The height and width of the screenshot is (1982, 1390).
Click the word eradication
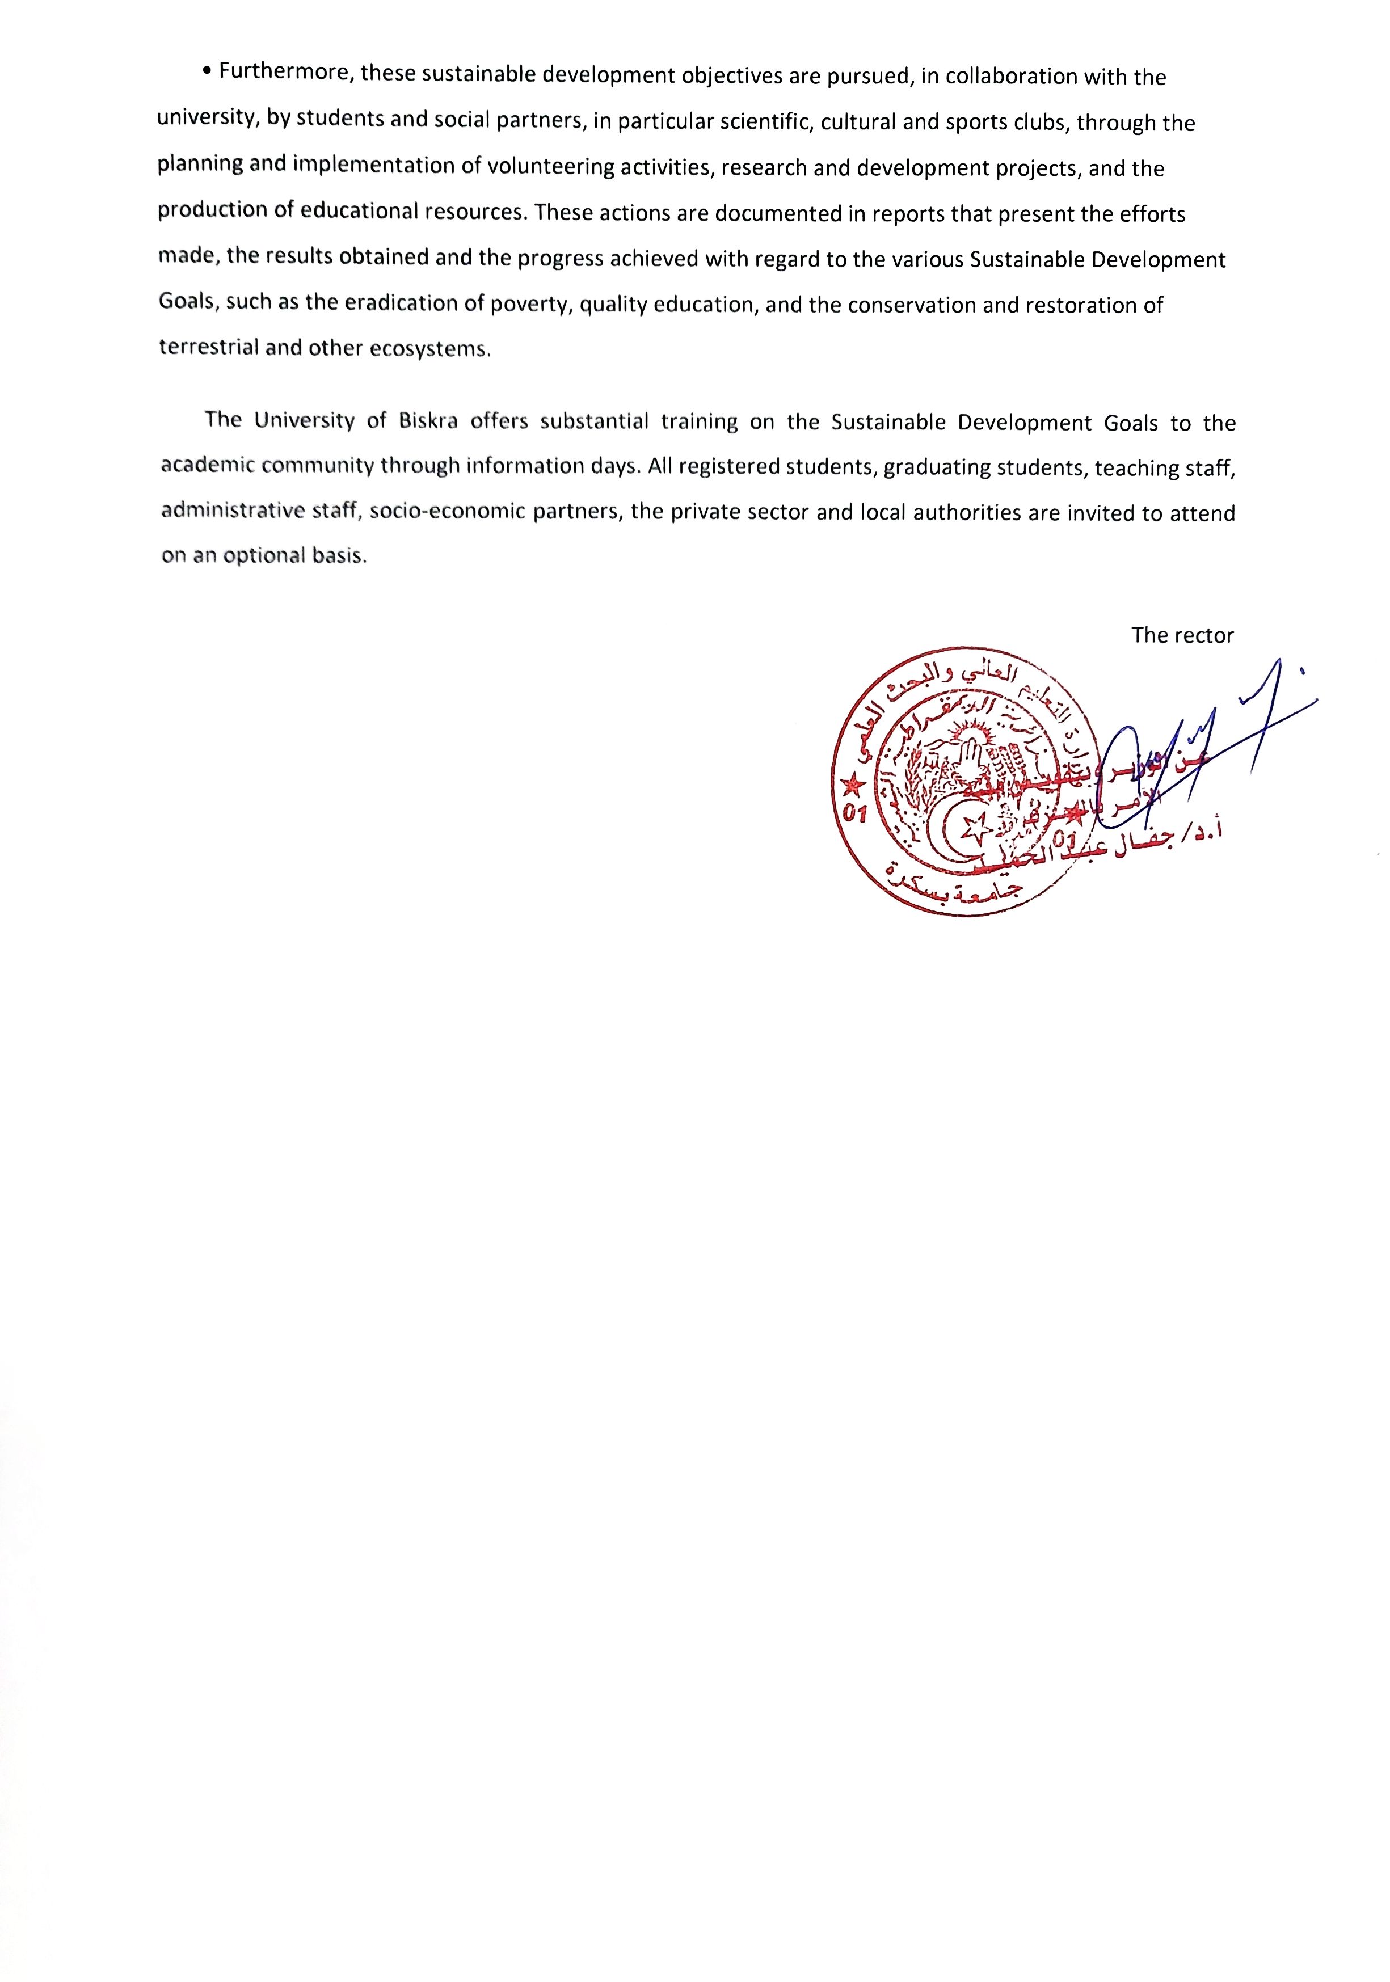point(402,303)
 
